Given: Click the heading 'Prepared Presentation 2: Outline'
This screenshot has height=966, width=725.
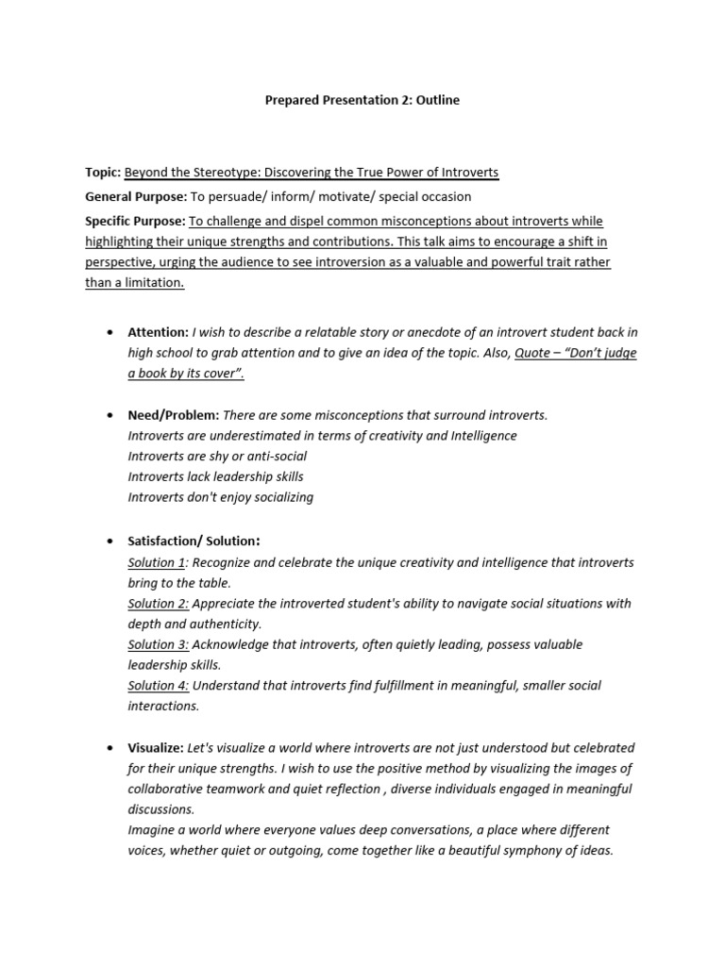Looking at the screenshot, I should [x=362, y=100].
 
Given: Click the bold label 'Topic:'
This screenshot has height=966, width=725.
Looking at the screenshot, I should [x=103, y=173].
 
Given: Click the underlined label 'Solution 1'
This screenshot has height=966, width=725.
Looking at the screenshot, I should [x=157, y=562].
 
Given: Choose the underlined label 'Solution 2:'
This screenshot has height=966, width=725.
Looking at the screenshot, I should [x=159, y=604].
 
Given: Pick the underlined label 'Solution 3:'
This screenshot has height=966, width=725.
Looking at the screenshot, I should [x=159, y=645].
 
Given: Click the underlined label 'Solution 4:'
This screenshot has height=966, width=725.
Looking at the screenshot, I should [x=159, y=686].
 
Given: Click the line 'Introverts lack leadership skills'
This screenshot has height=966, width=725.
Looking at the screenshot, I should [x=215, y=477].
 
